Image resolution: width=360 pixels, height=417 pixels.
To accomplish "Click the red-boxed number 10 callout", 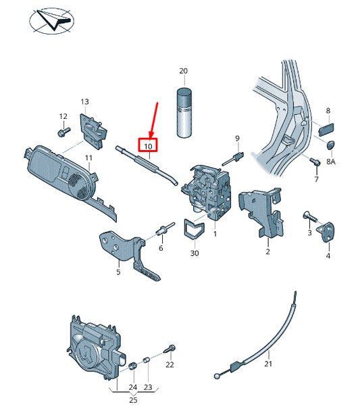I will click(148, 145).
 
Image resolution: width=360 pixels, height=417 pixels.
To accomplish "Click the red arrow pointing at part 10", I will click(153, 118).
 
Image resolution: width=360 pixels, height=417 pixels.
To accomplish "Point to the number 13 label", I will click(85, 102).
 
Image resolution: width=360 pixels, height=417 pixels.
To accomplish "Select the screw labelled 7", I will click(314, 162).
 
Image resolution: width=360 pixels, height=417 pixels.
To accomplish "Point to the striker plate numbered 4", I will click(329, 232).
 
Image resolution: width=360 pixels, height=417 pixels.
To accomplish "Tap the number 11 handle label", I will click(88, 158).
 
